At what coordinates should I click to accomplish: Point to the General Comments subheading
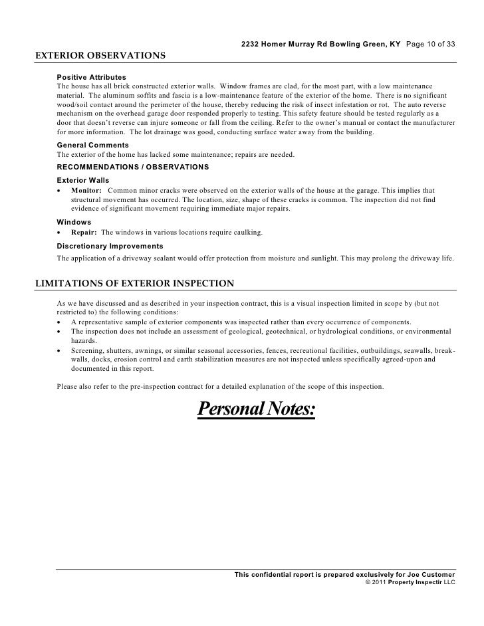pos(92,145)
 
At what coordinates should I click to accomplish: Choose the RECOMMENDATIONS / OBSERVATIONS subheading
pos(133,166)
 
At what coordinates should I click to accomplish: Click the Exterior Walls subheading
pos(83,180)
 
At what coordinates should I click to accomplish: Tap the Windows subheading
pos(74,222)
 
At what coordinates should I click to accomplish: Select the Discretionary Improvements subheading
pos(110,246)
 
